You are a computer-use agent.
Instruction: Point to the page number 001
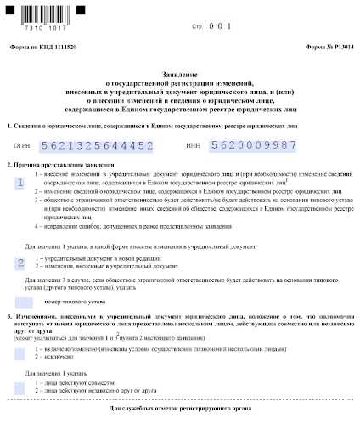pyautogui.click(x=220, y=26)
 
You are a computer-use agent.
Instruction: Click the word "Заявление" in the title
pyautogui.click(x=180, y=75)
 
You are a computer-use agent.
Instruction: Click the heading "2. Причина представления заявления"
pyautogui.click(x=50, y=164)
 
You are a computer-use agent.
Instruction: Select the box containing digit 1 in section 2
pyautogui.click(x=20, y=183)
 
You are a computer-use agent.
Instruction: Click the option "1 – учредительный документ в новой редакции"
pyautogui.click(x=114, y=256)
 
